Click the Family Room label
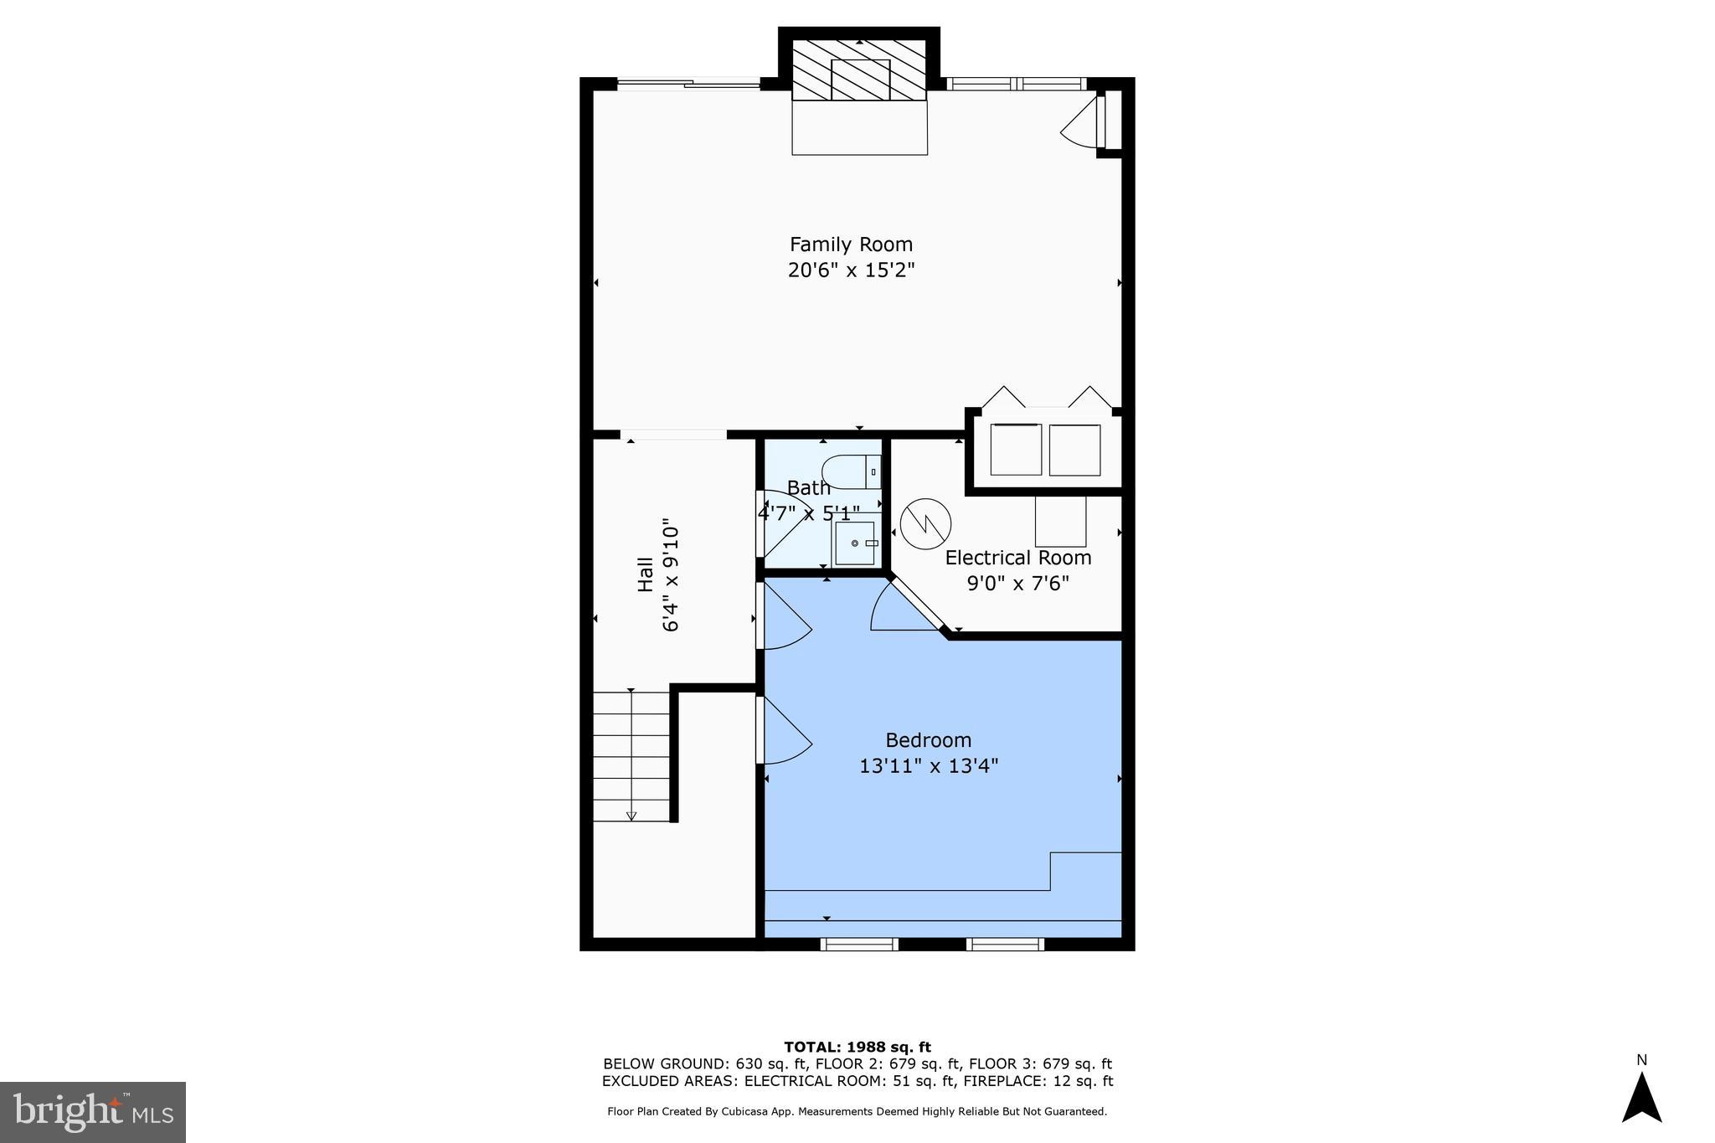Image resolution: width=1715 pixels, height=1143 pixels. tap(851, 245)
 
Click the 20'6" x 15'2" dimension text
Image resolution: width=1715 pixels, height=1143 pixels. tap(851, 270)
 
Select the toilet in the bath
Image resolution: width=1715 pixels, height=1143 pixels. tap(851, 472)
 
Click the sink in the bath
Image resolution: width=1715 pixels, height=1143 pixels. tap(855, 543)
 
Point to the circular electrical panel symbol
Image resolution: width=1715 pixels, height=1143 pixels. tap(925, 524)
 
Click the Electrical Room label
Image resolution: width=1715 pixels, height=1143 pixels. tap(1018, 558)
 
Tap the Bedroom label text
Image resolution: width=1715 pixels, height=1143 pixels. tap(928, 740)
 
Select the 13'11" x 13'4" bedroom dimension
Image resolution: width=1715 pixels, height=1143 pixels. tap(928, 766)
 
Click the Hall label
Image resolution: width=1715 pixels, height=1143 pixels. tap(646, 574)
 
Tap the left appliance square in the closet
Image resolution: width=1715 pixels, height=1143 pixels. tap(1016, 450)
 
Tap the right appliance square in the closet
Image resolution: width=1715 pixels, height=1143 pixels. tap(1074, 450)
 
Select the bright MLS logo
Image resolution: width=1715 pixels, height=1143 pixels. tap(92, 1112)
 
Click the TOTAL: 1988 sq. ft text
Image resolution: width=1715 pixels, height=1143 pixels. tap(857, 1047)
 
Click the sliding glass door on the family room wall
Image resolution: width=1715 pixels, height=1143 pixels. tap(688, 83)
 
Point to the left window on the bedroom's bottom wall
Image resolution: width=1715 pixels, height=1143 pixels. tap(859, 945)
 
